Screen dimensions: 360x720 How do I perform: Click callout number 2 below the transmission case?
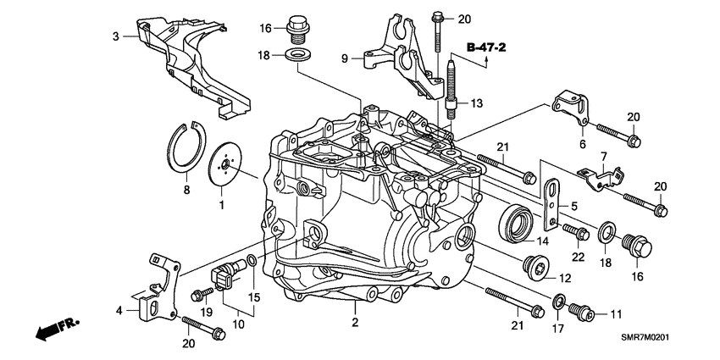(357, 323)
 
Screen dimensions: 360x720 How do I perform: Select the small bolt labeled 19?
(201, 295)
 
